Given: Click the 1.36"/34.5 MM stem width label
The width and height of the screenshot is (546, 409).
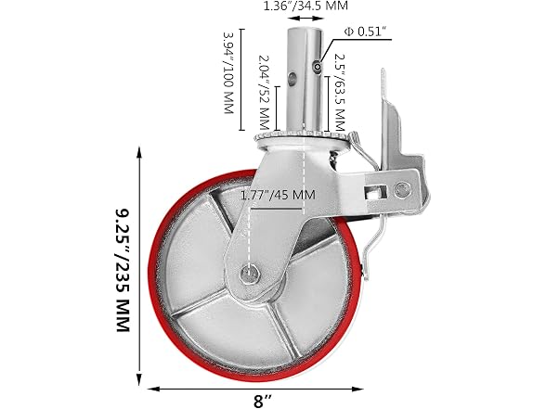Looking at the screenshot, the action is (x=305, y=6).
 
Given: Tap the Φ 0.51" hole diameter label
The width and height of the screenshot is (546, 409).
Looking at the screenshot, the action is (x=366, y=32).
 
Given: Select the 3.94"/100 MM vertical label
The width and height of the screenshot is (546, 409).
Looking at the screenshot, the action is (x=228, y=73).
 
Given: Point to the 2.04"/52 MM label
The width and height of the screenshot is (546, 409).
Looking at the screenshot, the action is (x=265, y=92).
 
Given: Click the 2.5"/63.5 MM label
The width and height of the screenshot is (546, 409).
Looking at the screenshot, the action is (x=339, y=93).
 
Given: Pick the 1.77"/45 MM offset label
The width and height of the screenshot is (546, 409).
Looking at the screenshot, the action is (x=278, y=195).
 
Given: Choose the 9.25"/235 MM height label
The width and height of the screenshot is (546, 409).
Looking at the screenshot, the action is (x=123, y=270).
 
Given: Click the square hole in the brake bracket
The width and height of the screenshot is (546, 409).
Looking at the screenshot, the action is (x=376, y=191).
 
